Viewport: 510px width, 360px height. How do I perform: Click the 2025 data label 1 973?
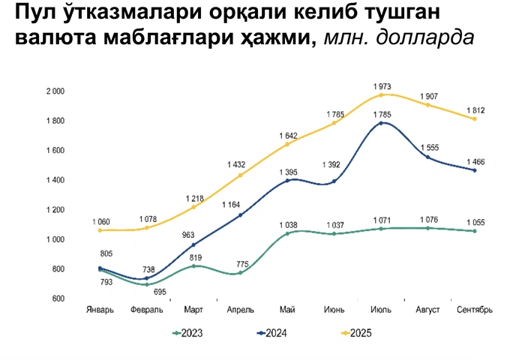(382, 86)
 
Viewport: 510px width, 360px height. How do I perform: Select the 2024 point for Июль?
(382, 122)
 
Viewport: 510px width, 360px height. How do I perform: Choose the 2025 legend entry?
(355, 333)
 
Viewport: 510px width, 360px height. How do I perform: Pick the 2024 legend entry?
(271, 333)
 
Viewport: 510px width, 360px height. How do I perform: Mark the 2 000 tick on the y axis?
(56, 91)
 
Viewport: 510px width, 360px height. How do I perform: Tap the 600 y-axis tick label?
(61, 298)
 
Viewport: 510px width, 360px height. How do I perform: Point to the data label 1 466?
(475, 161)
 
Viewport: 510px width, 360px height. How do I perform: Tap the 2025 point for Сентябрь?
(475, 118)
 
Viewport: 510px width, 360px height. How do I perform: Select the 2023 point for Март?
(194, 266)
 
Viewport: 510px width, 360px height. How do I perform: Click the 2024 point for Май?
(288, 180)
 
